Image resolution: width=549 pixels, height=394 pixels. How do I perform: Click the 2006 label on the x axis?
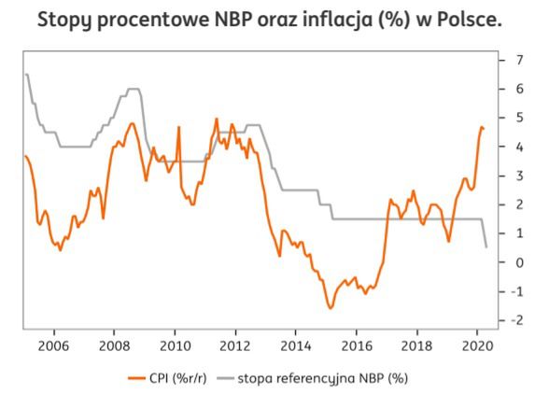53,344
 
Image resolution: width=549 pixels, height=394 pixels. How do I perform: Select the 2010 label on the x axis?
175,344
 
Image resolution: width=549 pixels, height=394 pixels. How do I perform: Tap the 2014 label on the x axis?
295,344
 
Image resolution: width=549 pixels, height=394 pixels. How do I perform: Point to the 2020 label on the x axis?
476,344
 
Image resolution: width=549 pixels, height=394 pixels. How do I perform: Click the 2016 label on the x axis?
356,344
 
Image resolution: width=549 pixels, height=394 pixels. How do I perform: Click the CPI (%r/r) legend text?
176,378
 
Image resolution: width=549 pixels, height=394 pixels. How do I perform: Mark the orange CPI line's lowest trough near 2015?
330,307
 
